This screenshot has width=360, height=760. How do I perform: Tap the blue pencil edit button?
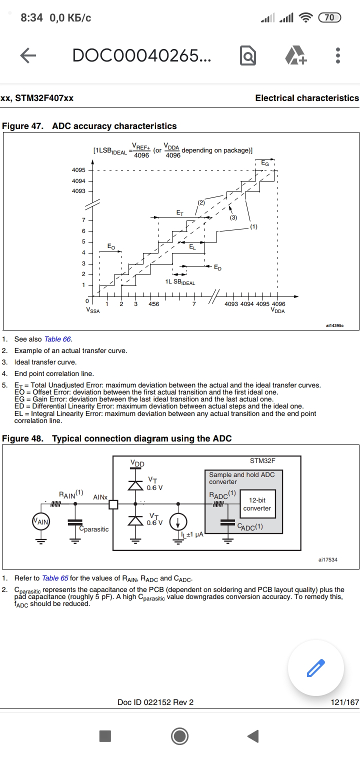[x=315, y=667]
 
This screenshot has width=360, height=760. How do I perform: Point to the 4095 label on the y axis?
[x=78, y=170]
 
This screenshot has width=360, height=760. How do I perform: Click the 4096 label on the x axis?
[x=278, y=304]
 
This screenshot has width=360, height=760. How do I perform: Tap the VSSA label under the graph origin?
[x=93, y=311]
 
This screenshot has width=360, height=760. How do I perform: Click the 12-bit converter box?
[x=257, y=504]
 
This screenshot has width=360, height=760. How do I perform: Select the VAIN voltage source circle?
[x=41, y=522]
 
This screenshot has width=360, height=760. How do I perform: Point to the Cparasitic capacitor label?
[x=94, y=529]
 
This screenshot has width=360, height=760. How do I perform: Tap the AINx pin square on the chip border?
[x=113, y=504]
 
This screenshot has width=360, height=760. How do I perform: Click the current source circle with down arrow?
[x=177, y=522]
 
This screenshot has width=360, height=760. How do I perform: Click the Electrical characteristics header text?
[x=307, y=98]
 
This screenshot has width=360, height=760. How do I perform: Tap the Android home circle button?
[x=179, y=736]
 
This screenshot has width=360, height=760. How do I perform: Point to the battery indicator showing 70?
[x=329, y=18]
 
